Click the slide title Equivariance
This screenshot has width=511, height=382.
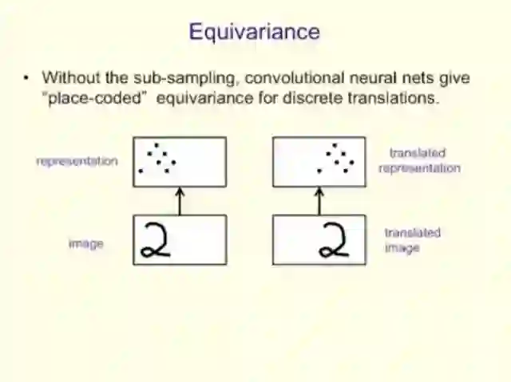[x=254, y=32]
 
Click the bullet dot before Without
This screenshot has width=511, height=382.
[x=26, y=78]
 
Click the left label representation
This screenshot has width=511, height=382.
[x=77, y=161]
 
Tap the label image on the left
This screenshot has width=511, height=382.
[x=85, y=243]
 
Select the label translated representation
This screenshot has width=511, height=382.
[x=419, y=160]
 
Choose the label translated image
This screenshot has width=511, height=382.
[x=412, y=240]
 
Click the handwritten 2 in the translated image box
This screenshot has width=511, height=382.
[x=334, y=240]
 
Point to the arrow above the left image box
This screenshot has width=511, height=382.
[x=179, y=201]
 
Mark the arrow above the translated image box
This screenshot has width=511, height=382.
[x=319, y=201]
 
